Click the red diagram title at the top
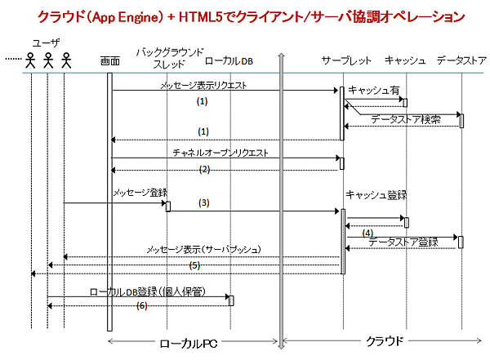[x=245, y=16]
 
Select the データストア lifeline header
[x=461, y=61]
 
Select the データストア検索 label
[x=406, y=119]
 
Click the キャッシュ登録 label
[x=376, y=195]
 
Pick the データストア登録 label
[x=403, y=242]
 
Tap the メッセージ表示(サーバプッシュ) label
[x=203, y=249]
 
